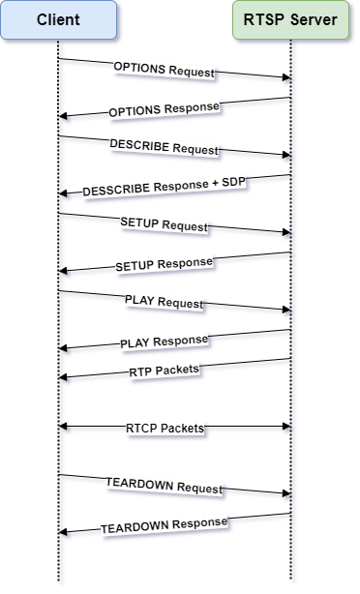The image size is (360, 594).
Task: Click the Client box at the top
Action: (x=61, y=20)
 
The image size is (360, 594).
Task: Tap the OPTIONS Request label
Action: (x=164, y=70)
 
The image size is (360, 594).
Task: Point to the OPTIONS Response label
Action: (x=164, y=108)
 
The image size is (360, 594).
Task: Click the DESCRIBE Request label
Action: (x=164, y=148)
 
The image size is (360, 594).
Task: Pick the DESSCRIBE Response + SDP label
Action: (x=165, y=187)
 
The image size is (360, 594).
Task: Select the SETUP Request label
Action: (x=164, y=224)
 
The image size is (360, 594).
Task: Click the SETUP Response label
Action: (x=164, y=263)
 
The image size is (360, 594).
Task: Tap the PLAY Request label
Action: (x=164, y=302)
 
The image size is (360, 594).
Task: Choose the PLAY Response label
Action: (x=164, y=342)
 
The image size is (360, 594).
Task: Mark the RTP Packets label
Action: (x=164, y=371)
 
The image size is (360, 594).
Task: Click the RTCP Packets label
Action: (x=165, y=428)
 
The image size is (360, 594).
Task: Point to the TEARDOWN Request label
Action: (x=164, y=486)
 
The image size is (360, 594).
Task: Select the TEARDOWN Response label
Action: (x=164, y=525)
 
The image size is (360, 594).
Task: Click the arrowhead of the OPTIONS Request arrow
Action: (x=286, y=81)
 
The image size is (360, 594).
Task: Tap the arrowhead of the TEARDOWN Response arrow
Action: (x=64, y=533)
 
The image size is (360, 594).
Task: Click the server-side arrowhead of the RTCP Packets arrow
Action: (x=286, y=428)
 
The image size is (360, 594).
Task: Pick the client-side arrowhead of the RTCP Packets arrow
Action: (x=64, y=428)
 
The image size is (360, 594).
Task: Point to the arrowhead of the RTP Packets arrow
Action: (x=64, y=381)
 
